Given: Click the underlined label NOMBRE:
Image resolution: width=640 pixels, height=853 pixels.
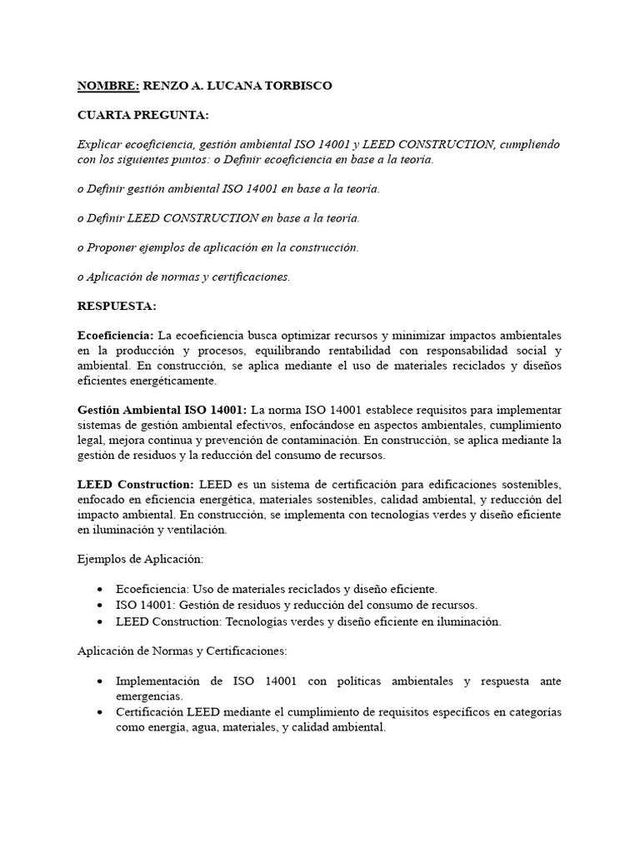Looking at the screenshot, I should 108,86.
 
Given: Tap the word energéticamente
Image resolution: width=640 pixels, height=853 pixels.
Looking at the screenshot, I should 171,381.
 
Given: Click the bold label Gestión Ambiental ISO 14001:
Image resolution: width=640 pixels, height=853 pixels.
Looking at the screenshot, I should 162,410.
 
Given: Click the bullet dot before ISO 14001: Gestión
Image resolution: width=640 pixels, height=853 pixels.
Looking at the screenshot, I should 100,605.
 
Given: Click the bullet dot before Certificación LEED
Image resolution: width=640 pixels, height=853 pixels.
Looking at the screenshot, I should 100,712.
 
